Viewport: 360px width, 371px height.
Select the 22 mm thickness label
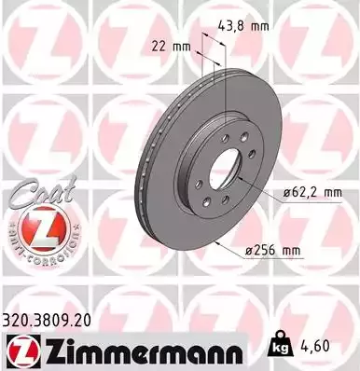tap(165, 44)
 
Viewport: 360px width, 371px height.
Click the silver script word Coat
tap(33, 191)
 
